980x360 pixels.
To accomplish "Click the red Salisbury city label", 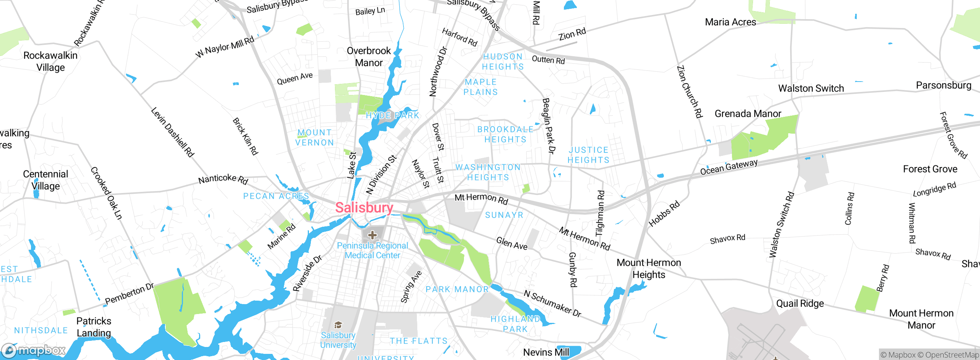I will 364,208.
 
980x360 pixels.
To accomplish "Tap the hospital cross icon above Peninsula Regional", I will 372,235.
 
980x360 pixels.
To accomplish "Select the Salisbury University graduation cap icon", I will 338,325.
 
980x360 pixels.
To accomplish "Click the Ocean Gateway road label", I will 728,167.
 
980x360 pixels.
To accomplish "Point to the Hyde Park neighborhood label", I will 392,115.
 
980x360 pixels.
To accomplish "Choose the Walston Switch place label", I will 811,88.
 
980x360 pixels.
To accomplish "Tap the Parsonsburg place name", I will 943,85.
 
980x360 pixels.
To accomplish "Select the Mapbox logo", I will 34,350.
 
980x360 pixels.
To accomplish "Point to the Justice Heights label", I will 588,155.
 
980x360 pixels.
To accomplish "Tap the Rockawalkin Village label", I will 51,61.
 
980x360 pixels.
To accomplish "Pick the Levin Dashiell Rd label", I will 172,132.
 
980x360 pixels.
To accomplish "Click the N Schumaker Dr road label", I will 552,304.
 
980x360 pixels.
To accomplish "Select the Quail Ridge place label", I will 800,303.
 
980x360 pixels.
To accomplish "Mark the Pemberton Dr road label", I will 129,293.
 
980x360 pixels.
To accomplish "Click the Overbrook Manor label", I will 369,57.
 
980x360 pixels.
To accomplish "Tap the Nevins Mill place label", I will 546,352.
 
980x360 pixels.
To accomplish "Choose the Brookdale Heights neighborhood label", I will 505,134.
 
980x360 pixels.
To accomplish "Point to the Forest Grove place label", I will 930,169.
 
